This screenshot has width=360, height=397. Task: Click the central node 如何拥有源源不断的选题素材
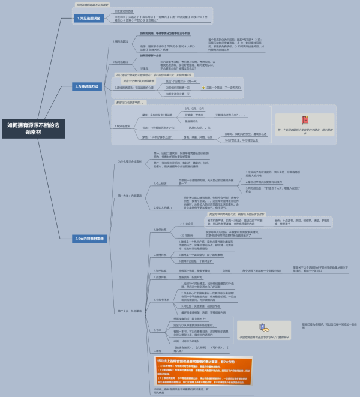tap(33, 146)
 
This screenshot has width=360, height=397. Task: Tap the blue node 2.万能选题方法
tap(91, 86)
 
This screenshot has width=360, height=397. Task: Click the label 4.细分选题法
tap(124, 126)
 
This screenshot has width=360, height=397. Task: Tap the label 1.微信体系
tap(160, 229)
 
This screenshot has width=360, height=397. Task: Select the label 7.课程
tap(158, 350)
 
